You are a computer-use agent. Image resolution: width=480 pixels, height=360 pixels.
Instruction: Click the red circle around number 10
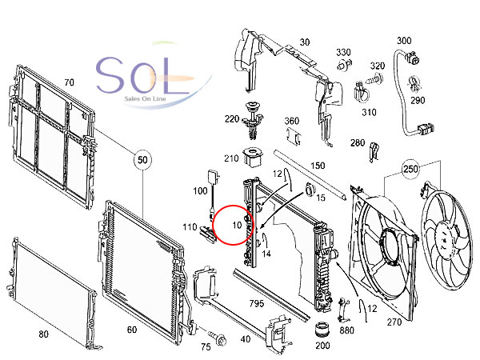tap(213, 225)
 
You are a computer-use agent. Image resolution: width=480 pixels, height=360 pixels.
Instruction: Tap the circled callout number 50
tap(142, 160)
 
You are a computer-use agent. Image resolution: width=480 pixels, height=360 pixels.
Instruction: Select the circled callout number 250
tap(410, 169)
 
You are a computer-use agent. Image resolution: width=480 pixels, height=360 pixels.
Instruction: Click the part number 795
tap(257, 303)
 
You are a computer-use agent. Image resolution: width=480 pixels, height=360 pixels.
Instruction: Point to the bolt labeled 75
tap(218, 338)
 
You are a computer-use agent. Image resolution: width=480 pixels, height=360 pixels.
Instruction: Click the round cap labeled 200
tap(322, 330)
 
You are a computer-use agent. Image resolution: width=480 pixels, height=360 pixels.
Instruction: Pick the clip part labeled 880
tap(343, 309)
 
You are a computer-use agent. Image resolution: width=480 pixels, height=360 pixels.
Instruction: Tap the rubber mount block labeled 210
tap(252, 158)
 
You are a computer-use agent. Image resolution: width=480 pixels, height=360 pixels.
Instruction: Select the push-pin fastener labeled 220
tap(253, 120)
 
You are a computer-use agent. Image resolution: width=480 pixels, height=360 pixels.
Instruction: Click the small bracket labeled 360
tap(294, 135)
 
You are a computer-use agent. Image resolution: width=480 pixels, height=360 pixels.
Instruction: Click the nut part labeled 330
tap(344, 65)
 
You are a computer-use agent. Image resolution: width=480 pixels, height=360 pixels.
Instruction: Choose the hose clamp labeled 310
tap(362, 92)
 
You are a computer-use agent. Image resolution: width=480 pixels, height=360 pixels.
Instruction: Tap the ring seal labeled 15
tap(310, 189)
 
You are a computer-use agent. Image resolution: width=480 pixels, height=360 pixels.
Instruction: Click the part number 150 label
tap(318, 166)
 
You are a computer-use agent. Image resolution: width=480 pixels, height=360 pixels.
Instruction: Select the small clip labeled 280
tap(374, 152)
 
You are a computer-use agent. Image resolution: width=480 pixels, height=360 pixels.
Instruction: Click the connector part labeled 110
tap(208, 234)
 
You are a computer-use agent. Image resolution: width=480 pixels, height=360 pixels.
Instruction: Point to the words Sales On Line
tap(145, 98)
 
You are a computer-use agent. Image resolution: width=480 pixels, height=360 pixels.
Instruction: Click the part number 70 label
tap(69, 82)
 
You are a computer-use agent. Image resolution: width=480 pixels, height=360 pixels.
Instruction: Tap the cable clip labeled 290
tap(414, 83)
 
